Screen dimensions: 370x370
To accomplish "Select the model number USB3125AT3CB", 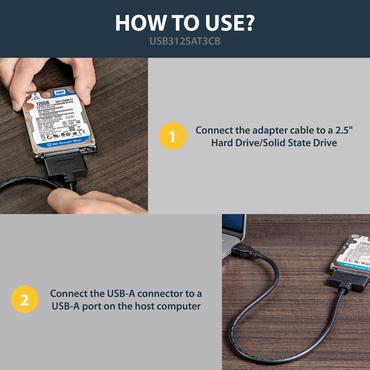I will point(185,43).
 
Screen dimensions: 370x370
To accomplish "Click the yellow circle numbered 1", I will point(173,136).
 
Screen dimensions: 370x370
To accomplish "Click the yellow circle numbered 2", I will point(24,299).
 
